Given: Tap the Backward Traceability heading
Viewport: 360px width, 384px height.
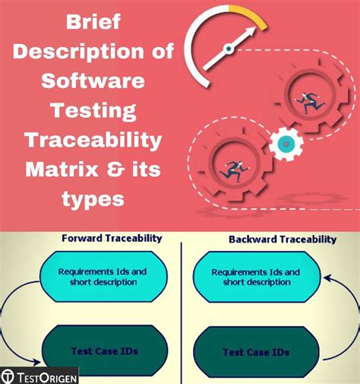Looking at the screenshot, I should (x=282, y=239).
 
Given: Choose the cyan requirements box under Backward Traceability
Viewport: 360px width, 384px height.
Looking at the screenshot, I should (x=255, y=278).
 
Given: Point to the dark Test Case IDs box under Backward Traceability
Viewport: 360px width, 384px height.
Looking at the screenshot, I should (x=257, y=352).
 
